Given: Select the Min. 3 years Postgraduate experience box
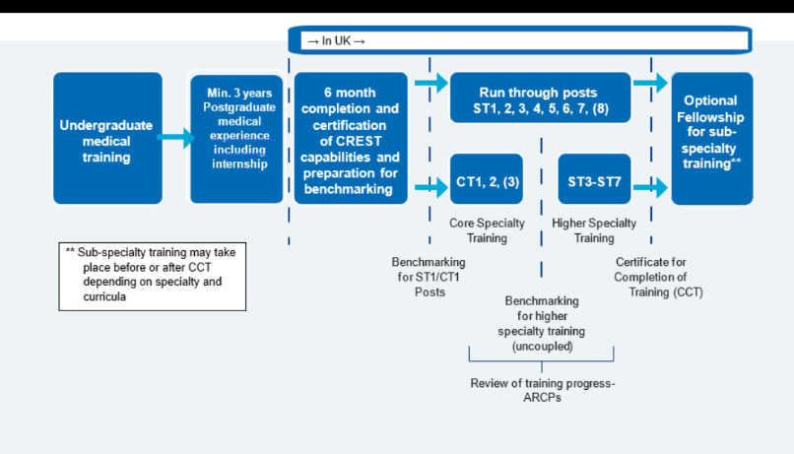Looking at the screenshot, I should (x=237, y=139).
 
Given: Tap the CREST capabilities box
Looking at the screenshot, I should (x=350, y=139).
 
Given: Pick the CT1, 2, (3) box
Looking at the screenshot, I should (x=486, y=182).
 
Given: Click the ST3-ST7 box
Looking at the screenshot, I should (x=594, y=182).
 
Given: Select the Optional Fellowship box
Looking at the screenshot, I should (x=711, y=139).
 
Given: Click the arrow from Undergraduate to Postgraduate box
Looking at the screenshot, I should (x=176, y=139).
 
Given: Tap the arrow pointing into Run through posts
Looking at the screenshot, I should (x=430, y=84).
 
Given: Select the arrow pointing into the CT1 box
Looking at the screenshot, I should (x=430, y=183).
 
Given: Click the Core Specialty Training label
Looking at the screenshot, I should (x=487, y=230).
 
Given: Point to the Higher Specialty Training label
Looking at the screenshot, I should (x=594, y=230).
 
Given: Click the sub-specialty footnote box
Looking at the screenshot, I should (x=151, y=275).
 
